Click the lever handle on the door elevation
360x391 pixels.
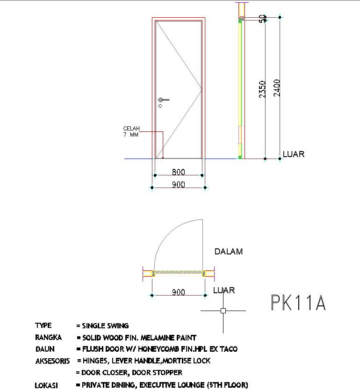[x=164, y=100]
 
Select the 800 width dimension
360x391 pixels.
[x=179, y=172]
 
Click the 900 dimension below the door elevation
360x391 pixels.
[x=179, y=185]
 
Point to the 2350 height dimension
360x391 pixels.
[x=262, y=89]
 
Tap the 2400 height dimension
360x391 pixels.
[x=277, y=88]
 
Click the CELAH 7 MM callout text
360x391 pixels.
[x=131, y=131]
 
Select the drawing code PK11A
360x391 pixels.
[x=298, y=303]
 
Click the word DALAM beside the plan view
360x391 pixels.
[x=229, y=251]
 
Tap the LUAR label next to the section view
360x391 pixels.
[x=294, y=154]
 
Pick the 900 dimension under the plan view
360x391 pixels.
[x=179, y=292]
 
